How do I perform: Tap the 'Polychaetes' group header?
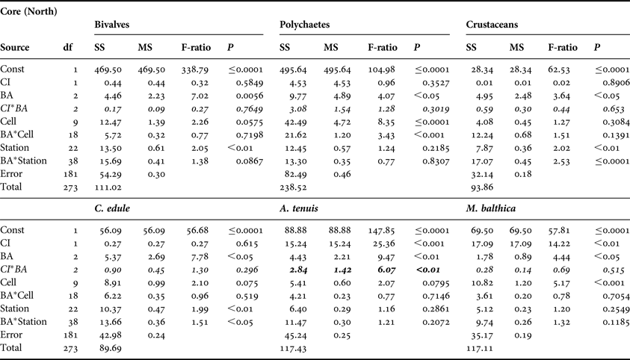307,25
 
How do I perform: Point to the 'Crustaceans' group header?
494,25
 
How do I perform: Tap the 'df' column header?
68,48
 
